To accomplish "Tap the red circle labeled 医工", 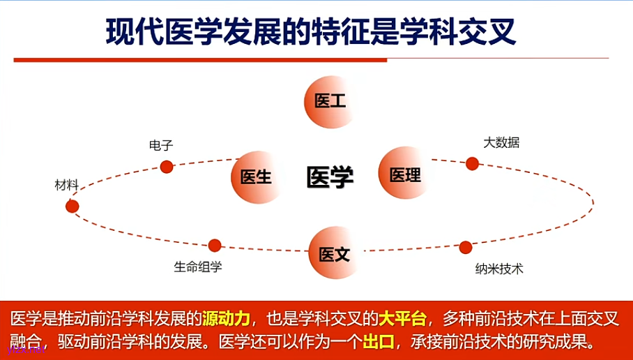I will click(330, 102).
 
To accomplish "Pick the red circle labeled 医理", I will click(404, 174).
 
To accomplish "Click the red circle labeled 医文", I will click(335, 254).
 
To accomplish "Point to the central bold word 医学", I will click(330, 177).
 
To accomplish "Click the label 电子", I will click(161, 145).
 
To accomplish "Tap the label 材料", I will click(67, 185).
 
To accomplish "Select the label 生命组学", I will click(198, 267).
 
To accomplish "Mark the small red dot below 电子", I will click(167, 167).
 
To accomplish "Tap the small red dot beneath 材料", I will click(73, 207).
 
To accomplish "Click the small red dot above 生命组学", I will click(215, 246).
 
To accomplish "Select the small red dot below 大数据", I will click(472, 164).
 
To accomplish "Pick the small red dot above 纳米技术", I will click(466, 247).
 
